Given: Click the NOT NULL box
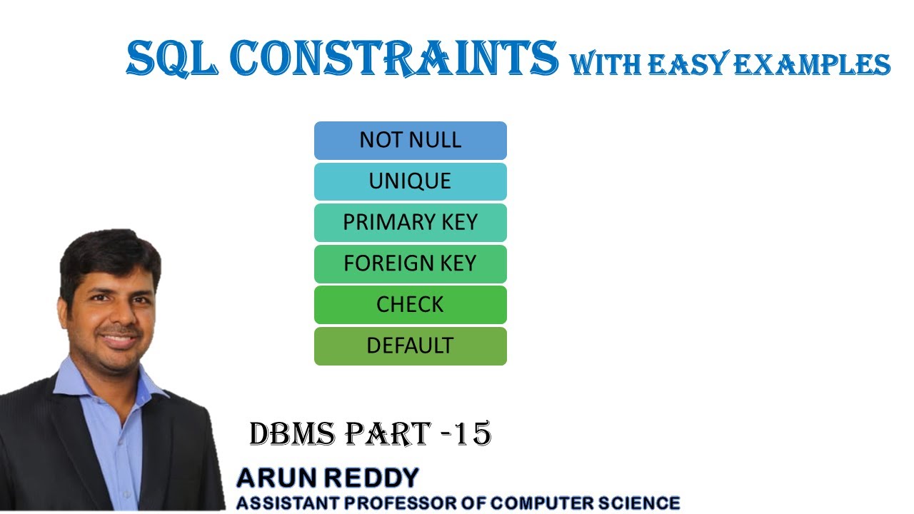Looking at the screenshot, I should point(410,140).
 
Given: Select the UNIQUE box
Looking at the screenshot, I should point(410,181).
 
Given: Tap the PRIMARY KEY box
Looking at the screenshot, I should point(410,223).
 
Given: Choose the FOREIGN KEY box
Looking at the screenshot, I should point(410,263).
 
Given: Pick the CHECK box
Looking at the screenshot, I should point(410,305).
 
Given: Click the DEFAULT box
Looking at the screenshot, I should point(410,346).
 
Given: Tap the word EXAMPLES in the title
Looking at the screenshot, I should point(811,64).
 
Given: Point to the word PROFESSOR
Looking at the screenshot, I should point(389,503).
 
